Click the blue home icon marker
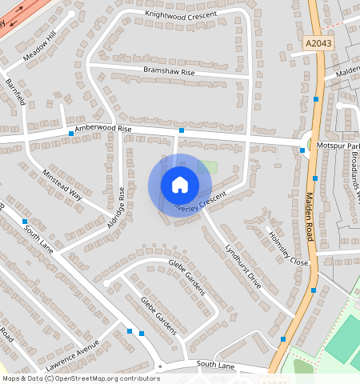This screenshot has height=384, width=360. click(180, 186)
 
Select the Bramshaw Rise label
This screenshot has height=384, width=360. click(169, 71)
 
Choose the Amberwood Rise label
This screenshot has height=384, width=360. click(102, 129)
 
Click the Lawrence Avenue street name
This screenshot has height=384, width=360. click(72, 354)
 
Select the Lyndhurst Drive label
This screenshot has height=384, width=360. click(242, 266)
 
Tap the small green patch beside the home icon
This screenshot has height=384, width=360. click(208, 167)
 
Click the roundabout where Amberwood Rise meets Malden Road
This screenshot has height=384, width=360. click(308, 145)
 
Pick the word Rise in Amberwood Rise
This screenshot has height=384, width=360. click(123, 128)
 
